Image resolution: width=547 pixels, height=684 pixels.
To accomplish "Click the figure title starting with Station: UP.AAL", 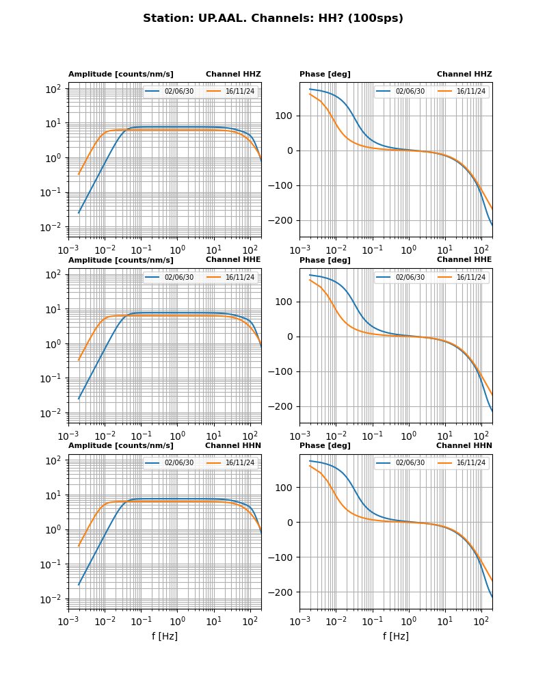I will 273,18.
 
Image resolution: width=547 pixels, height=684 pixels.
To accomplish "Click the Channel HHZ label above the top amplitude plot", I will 233,74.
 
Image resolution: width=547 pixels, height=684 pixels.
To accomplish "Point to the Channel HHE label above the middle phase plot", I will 464,260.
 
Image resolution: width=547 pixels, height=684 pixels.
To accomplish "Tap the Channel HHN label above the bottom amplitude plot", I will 232,446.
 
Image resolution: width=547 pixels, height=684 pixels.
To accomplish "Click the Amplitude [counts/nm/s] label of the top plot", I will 121,74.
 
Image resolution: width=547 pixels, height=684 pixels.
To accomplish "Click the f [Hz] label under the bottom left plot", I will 165,636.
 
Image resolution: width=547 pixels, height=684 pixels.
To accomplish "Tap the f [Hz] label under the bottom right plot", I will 396,636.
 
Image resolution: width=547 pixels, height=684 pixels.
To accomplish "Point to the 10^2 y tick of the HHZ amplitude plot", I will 53,89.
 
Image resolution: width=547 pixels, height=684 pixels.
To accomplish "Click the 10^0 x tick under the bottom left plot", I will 178,622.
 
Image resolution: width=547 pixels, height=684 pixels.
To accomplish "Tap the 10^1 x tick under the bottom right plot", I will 445,622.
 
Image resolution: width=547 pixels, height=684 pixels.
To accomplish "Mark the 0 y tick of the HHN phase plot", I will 291,523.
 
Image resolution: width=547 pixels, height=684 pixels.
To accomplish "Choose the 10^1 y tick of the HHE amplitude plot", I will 53,309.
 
